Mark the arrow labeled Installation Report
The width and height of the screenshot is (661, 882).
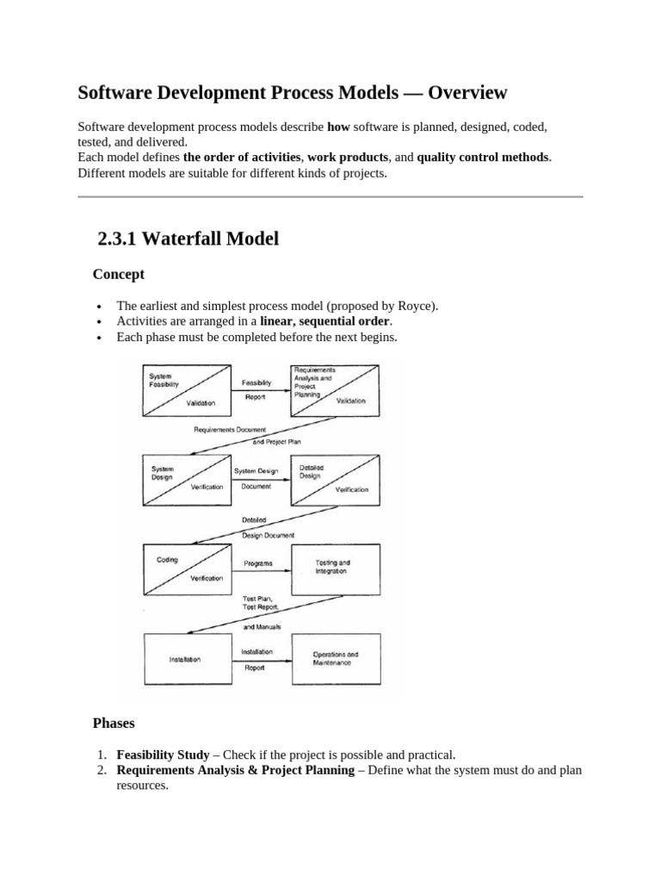pyautogui.click(x=258, y=660)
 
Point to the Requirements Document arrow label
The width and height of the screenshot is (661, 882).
pyautogui.click(x=230, y=429)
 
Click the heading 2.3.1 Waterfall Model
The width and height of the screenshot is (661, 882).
pyautogui.click(x=188, y=239)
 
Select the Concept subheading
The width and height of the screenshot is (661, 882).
pyautogui.click(x=118, y=274)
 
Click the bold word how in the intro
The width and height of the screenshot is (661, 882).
pyautogui.click(x=339, y=126)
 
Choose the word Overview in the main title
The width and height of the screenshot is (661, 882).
pyautogui.click(x=467, y=91)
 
